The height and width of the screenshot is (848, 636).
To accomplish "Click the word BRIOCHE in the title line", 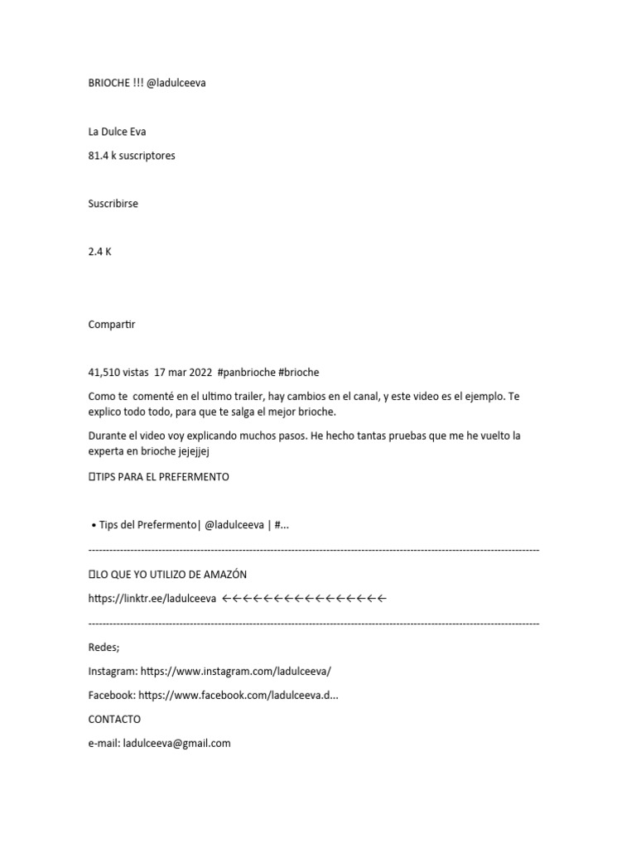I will coord(108,83).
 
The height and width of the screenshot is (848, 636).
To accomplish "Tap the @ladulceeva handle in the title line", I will coord(176,83).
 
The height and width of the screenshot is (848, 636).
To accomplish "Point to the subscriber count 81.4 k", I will coord(103,156).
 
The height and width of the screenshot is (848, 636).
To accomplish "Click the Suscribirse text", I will coord(113,204).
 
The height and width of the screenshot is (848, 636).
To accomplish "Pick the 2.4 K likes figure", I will coord(99,252).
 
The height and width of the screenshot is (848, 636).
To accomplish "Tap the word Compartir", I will coord(112,325).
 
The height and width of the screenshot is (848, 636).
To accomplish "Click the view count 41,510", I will coord(104,373).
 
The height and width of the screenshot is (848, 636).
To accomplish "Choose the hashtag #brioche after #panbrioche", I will coord(299,373).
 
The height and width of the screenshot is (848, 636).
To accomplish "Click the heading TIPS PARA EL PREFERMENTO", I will coord(162,477).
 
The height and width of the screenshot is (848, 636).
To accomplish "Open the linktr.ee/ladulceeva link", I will coord(152,598).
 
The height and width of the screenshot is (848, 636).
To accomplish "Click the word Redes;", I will coord(104,647).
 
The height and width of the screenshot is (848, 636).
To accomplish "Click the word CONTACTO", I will coord(114,719).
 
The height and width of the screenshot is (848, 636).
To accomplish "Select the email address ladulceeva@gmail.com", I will coord(176,743).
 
